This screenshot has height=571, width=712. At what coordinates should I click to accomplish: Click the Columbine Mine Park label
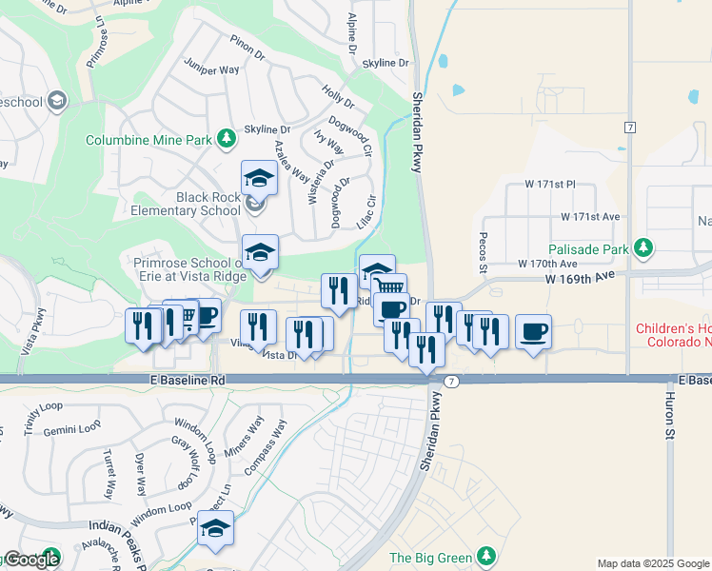[x=148, y=140]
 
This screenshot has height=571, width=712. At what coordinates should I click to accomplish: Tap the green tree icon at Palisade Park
[x=644, y=248]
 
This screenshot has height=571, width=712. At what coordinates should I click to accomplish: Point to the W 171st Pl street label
[x=551, y=183]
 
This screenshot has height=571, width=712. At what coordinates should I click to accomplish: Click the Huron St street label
[x=669, y=419]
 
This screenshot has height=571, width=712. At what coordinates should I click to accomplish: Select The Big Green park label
[x=432, y=557]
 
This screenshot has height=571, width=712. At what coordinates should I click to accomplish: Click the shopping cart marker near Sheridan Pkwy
[x=390, y=287]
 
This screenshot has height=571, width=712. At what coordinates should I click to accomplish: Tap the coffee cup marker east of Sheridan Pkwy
[x=534, y=332]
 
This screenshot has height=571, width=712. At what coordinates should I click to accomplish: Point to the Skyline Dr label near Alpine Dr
[x=385, y=63]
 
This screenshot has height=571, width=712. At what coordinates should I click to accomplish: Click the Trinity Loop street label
[x=44, y=418]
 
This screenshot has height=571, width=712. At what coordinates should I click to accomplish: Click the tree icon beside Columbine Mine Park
[x=227, y=139]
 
